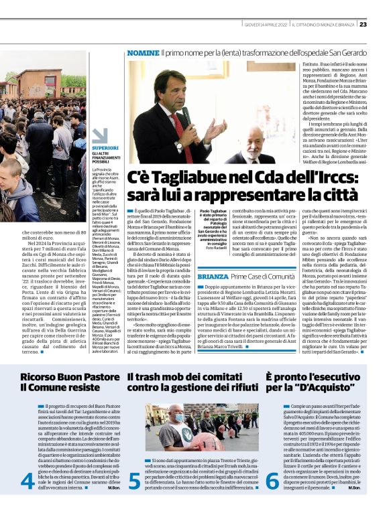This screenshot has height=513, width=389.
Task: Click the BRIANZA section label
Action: coord(213,276)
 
